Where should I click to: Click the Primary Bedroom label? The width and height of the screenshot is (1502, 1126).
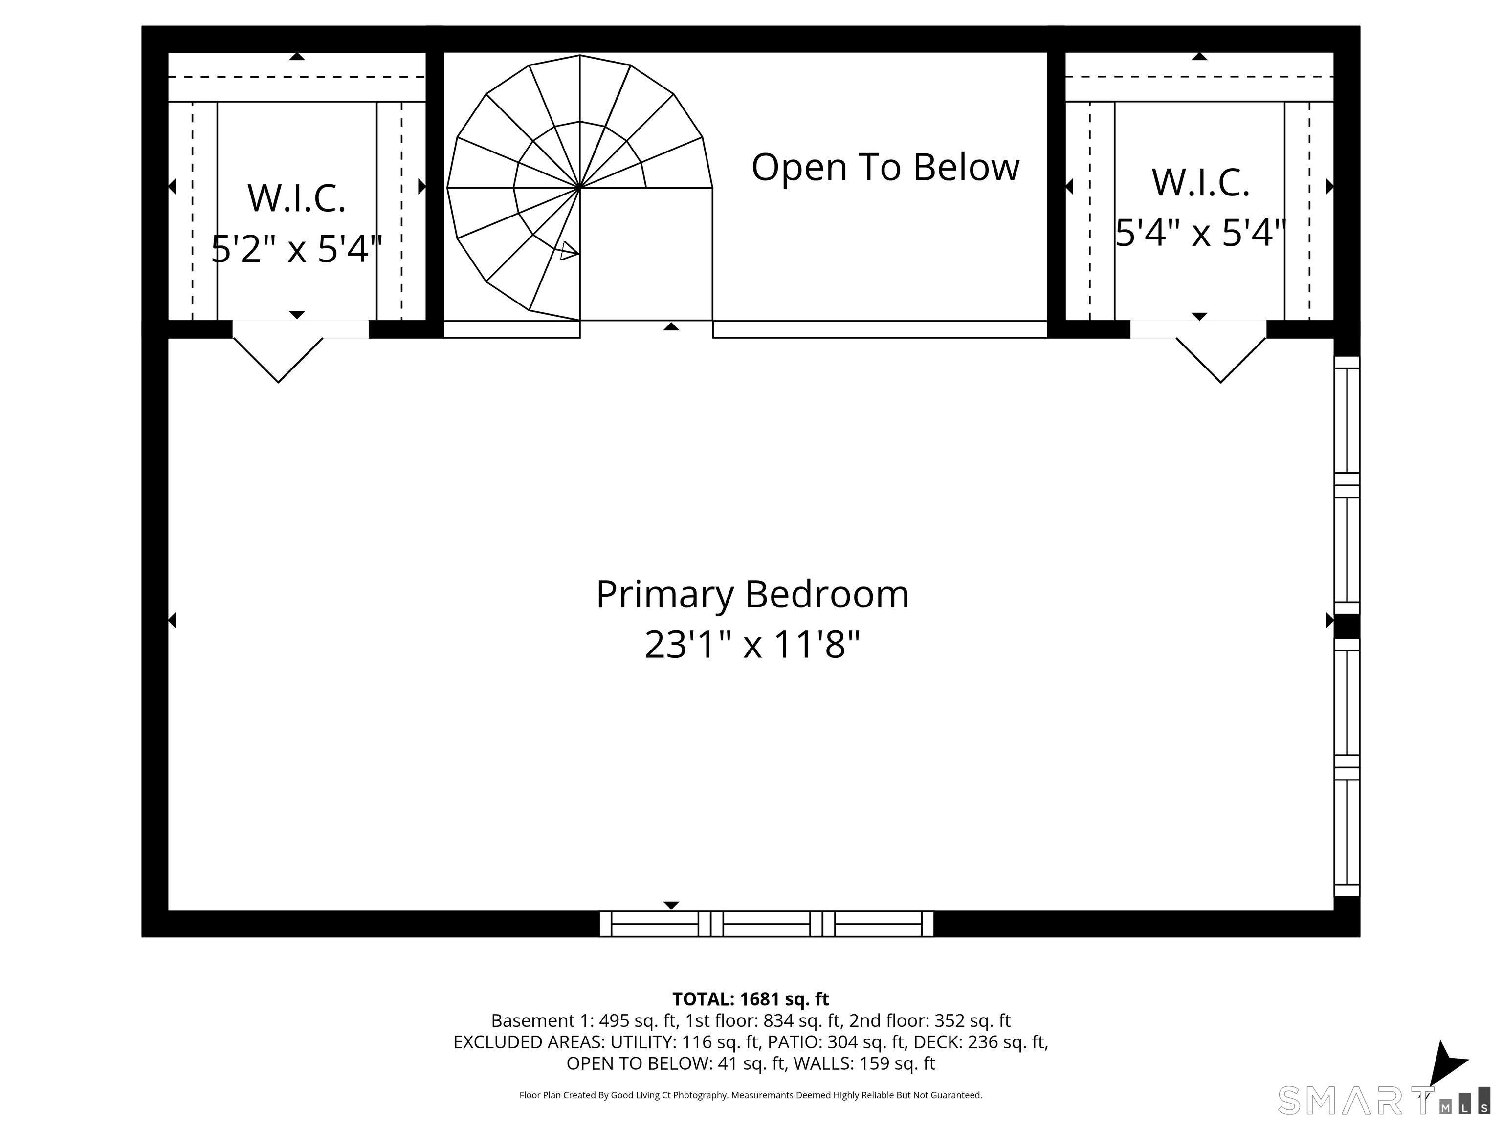(752, 595)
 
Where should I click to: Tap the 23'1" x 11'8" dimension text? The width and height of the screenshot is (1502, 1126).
(752, 644)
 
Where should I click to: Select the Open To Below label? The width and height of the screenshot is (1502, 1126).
(885, 167)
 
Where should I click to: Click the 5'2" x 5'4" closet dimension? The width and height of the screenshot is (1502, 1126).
(297, 248)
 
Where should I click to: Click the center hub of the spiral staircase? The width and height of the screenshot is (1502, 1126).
(579, 187)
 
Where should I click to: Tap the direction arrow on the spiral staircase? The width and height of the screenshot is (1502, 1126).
(569, 251)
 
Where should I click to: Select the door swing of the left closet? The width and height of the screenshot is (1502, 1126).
(278, 360)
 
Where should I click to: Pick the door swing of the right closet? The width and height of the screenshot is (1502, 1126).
(1221, 360)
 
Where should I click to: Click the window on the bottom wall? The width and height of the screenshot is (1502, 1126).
(767, 924)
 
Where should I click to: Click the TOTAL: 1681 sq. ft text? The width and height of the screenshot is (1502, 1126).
(751, 999)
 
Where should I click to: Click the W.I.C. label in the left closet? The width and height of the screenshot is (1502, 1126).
(297, 198)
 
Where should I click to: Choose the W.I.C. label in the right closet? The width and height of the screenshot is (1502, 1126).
(1200, 183)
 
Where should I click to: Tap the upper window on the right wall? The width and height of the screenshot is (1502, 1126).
(1347, 485)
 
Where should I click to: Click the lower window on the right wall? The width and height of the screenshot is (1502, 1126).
(1347, 768)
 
